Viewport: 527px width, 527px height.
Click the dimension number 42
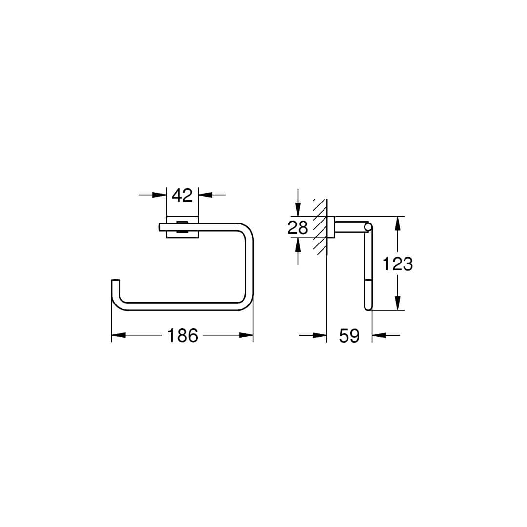pyautogui.click(x=182, y=195)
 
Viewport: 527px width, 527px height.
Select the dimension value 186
pyautogui.click(x=182, y=335)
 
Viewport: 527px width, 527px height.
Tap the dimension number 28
pyautogui.click(x=298, y=227)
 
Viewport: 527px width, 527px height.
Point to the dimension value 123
pyautogui.click(x=398, y=263)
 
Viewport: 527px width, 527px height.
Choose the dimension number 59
pyautogui.click(x=349, y=335)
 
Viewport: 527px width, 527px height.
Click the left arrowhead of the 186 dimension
pyautogui.click(x=119, y=335)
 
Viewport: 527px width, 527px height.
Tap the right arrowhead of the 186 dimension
pyautogui.click(x=246, y=335)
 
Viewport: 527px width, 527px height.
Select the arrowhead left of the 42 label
pyautogui.click(x=159, y=195)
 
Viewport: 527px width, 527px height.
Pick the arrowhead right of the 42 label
pyautogui.click(x=205, y=195)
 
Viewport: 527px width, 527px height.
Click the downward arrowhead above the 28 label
pyautogui.click(x=298, y=209)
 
